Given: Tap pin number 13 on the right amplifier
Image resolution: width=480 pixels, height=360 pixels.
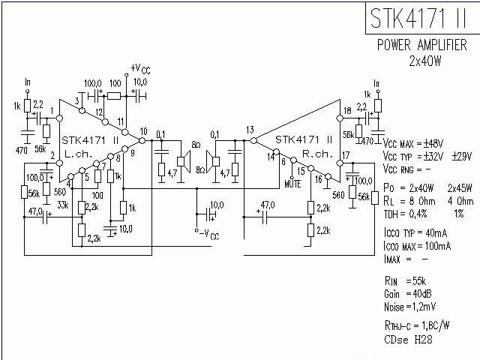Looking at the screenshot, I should (250, 130).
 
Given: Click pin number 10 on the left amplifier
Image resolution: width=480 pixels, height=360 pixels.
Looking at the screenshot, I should (143, 132).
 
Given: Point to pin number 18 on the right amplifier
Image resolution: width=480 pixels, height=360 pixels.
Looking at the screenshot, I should (346, 111).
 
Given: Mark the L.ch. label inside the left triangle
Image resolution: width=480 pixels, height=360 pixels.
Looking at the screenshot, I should (78, 153).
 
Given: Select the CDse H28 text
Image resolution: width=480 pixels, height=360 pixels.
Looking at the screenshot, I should (409, 340).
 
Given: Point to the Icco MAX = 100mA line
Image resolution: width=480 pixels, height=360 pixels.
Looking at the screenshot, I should (416, 245).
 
